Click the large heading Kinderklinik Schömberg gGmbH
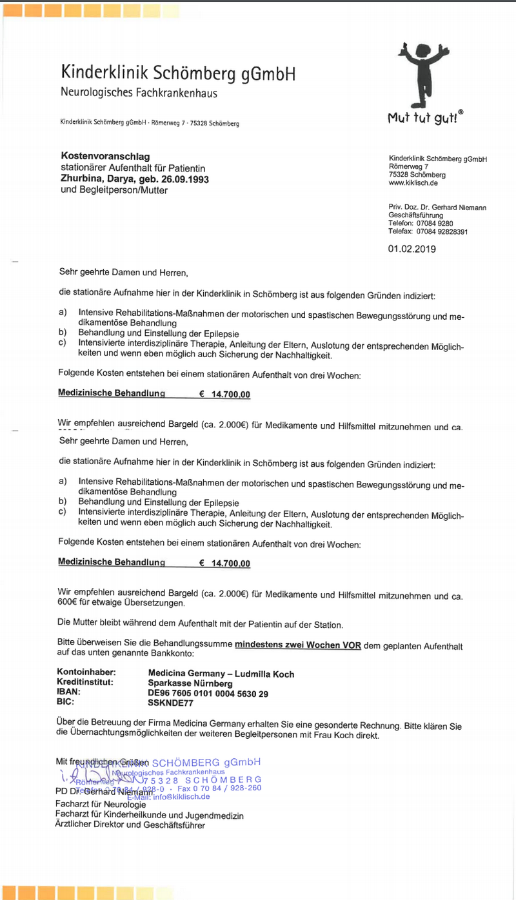click(178, 73)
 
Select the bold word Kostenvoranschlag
click(105, 157)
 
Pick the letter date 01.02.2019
click(412, 248)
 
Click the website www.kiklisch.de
click(414, 183)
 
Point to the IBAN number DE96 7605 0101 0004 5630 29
click(208, 694)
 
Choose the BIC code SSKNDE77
click(170, 703)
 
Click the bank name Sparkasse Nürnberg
click(190, 683)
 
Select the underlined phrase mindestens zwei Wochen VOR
click(298, 644)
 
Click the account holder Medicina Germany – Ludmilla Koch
click(221, 674)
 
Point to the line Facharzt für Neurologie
click(101, 805)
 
